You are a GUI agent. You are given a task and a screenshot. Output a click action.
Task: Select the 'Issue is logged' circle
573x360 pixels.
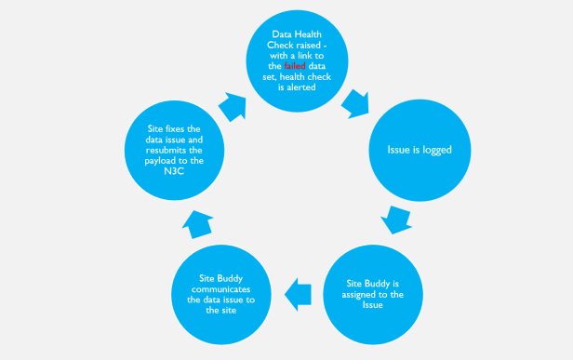(x=412, y=149)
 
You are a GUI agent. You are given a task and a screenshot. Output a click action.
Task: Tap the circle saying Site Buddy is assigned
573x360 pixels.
(x=373, y=296)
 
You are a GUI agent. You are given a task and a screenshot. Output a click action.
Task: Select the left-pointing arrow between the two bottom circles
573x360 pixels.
(x=299, y=295)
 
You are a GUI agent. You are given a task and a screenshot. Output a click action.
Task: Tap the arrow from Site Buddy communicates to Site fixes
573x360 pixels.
(x=198, y=224)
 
